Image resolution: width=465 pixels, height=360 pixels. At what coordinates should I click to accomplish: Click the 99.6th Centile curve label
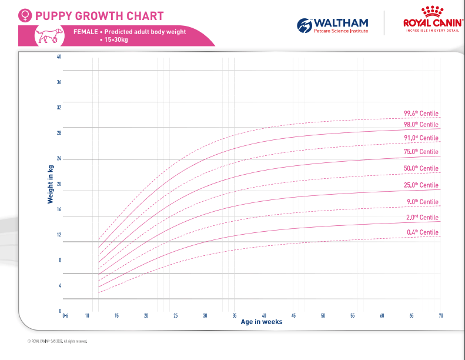(421, 114)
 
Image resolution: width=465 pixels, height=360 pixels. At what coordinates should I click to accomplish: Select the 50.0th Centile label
(421, 168)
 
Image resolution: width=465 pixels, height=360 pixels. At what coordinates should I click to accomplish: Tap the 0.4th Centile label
(423, 232)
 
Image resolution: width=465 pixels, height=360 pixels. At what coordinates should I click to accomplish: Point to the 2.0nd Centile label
(421, 218)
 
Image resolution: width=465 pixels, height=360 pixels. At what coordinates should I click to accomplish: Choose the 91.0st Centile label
(421, 138)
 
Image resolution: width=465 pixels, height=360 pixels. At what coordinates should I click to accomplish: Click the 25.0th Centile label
(421, 185)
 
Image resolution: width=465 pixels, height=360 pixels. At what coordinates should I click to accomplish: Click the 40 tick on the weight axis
(59, 56)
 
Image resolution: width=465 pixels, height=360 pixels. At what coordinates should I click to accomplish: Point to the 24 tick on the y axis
(59, 158)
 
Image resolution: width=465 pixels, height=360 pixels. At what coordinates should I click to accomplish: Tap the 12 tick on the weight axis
(59, 235)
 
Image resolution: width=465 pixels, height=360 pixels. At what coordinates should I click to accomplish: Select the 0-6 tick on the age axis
(65, 316)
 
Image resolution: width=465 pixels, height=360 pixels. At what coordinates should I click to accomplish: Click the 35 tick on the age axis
(235, 316)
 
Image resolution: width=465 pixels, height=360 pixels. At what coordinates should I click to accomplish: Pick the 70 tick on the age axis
(440, 316)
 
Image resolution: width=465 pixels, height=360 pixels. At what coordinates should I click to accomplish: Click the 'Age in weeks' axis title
(261, 322)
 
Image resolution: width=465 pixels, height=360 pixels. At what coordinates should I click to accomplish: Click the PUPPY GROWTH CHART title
(99, 16)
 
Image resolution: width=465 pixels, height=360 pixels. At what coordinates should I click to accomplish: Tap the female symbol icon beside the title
(25, 16)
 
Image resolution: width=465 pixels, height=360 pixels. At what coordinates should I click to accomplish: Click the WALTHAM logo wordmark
(341, 22)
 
